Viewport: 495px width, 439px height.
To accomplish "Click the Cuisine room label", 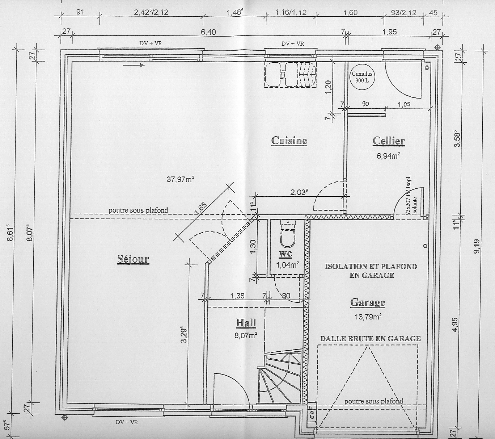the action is tap(289, 141).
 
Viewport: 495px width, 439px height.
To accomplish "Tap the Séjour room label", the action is tap(133, 259).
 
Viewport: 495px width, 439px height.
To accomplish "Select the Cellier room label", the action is tap(389, 141).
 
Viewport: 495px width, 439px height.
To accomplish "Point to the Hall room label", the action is tap(246, 323).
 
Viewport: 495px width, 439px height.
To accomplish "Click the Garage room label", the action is tap(368, 302).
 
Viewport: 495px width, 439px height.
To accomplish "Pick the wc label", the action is tap(285, 254).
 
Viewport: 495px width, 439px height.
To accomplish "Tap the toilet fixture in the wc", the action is tap(288, 233).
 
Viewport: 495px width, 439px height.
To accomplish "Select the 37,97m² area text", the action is tap(180, 179).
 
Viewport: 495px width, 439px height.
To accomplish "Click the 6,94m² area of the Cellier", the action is tap(388, 156).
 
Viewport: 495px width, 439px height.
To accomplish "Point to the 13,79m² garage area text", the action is tap(368, 317).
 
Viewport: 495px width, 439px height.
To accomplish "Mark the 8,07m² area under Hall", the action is tap(246, 335).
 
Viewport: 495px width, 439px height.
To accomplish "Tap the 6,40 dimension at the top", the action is tap(208, 32).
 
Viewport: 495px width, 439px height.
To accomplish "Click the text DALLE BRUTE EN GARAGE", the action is tap(371, 339).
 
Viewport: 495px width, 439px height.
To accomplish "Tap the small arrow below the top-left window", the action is tap(134, 65).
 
